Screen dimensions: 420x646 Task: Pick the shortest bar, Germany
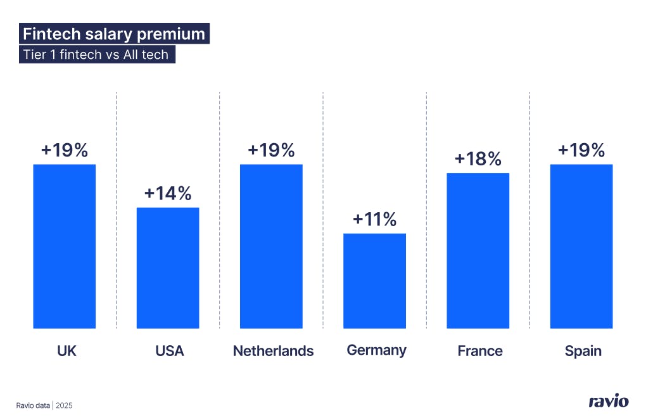(x=374, y=281)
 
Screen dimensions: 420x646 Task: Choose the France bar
(x=478, y=250)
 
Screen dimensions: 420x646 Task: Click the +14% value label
(x=168, y=194)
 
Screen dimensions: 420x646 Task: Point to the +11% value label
(x=374, y=220)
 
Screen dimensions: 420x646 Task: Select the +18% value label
(x=478, y=159)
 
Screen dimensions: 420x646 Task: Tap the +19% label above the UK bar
(x=64, y=151)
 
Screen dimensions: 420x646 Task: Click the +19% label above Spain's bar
(x=581, y=151)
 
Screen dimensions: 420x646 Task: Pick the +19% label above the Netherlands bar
(x=271, y=151)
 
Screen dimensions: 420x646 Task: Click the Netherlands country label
(x=273, y=351)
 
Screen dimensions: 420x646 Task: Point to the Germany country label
(x=376, y=350)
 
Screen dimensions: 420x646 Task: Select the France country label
(x=479, y=351)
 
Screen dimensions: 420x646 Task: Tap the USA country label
(x=169, y=351)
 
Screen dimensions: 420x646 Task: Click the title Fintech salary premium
(x=114, y=34)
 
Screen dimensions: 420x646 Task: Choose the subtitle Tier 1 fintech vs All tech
(x=96, y=54)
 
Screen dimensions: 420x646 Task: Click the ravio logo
(x=609, y=402)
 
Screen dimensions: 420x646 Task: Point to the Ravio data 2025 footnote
(x=44, y=405)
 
